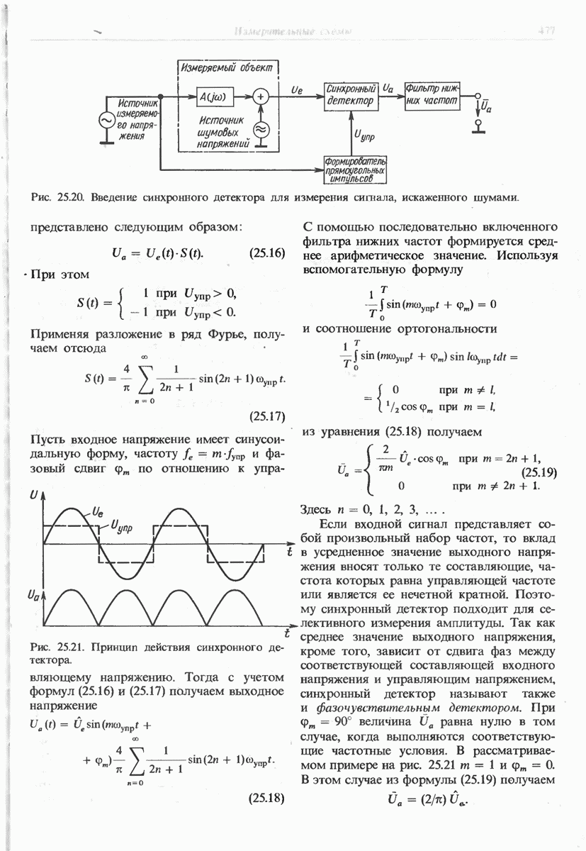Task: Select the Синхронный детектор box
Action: pyautogui.click(x=350, y=95)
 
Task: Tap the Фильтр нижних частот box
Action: pyautogui.click(x=432, y=95)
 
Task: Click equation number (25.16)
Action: pyautogui.click(x=267, y=252)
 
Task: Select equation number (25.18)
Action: pyautogui.click(x=267, y=798)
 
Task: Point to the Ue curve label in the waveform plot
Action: pyautogui.click(x=99, y=508)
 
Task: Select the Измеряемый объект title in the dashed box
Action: pyautogui.click(x=227, y=68)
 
